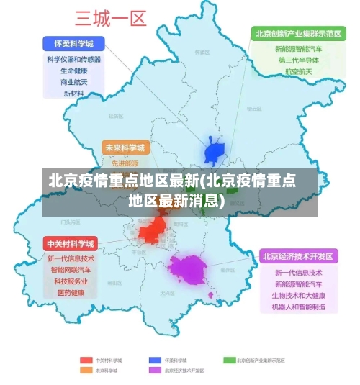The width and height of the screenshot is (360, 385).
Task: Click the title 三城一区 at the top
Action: pyautogui.click(x=111, y=17)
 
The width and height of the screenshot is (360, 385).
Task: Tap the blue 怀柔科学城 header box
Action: pyautogui.click(x=74, y=43)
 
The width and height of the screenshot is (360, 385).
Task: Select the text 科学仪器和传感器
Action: pyautogui.click(x=74, y=60)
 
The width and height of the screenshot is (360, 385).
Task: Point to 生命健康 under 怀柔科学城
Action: pyautogui.click(x=74, y=71)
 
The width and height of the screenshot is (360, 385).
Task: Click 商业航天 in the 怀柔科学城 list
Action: pyautogui.click(x=74, y=82)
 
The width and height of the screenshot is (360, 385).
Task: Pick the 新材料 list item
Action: pyautogui.click(x=74, y=94)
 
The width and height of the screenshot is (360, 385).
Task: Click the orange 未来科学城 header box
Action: pyautogui.click(x=125, y=148)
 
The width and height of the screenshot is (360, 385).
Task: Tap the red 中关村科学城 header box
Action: pyautogui.click(x=71, y=243)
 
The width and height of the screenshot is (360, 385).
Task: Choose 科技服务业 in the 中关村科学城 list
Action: pyautogui.click(x=71, y=281)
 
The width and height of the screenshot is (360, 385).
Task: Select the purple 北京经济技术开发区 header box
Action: pyautogui.click(x=298, y=256)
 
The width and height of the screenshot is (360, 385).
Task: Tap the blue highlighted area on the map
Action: pyautogui.click(x=215, y=152)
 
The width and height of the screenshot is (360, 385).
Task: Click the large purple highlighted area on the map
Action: pyautogui.click(x=188, y=269)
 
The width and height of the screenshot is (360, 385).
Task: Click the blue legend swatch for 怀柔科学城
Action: pyautogui.click(x=155, y=360)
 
